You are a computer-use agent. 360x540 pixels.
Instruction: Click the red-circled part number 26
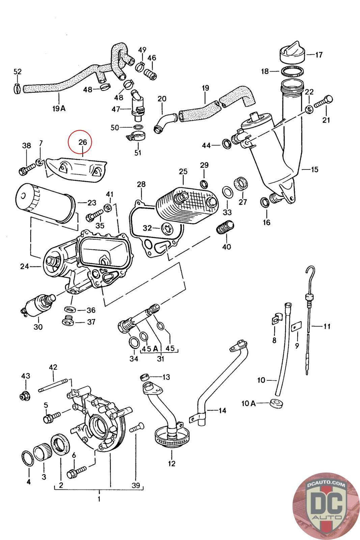[x=83, y=142]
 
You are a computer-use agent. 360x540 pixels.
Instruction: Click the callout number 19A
[x=59, y=108]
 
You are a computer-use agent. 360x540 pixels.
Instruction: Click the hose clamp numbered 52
[x=18, y=88]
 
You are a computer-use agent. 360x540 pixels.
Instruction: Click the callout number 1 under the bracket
[x=99, y=498]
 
